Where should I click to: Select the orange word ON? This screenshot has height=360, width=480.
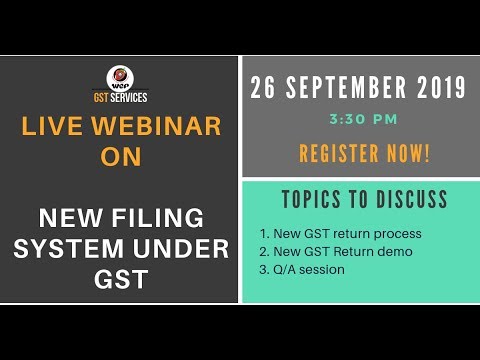pyautogui.click(x=120, y=158)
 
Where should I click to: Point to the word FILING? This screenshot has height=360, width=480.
pyautogui.click(x=163, y=217)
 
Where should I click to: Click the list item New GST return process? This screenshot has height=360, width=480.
pyautogui.click(x=340, y=234)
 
